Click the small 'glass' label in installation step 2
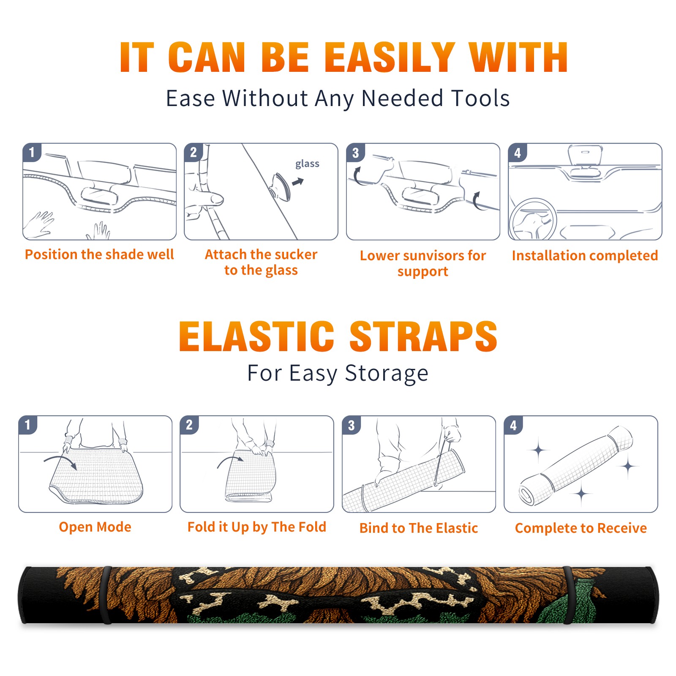click(x=307, y=164)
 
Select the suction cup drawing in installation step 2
click(x=281, y=186)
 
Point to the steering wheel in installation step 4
click(x=533, y=219)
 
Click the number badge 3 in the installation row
click(x=355, y=153)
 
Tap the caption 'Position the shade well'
click(x=99, y=254)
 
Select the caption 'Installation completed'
click(x=585, y=255)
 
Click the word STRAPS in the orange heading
click(x=423, y=336)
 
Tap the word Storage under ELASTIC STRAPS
click(x=387, y=373)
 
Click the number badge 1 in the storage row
click(x=28, y=425)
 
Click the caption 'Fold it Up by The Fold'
click(x=257, y=527)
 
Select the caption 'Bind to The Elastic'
click(x=419, y=528)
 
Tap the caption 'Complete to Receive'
click(x=581, y=528)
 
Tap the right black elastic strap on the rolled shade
click(x=568, y=595)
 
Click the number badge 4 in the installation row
click(x=518, y=153)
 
